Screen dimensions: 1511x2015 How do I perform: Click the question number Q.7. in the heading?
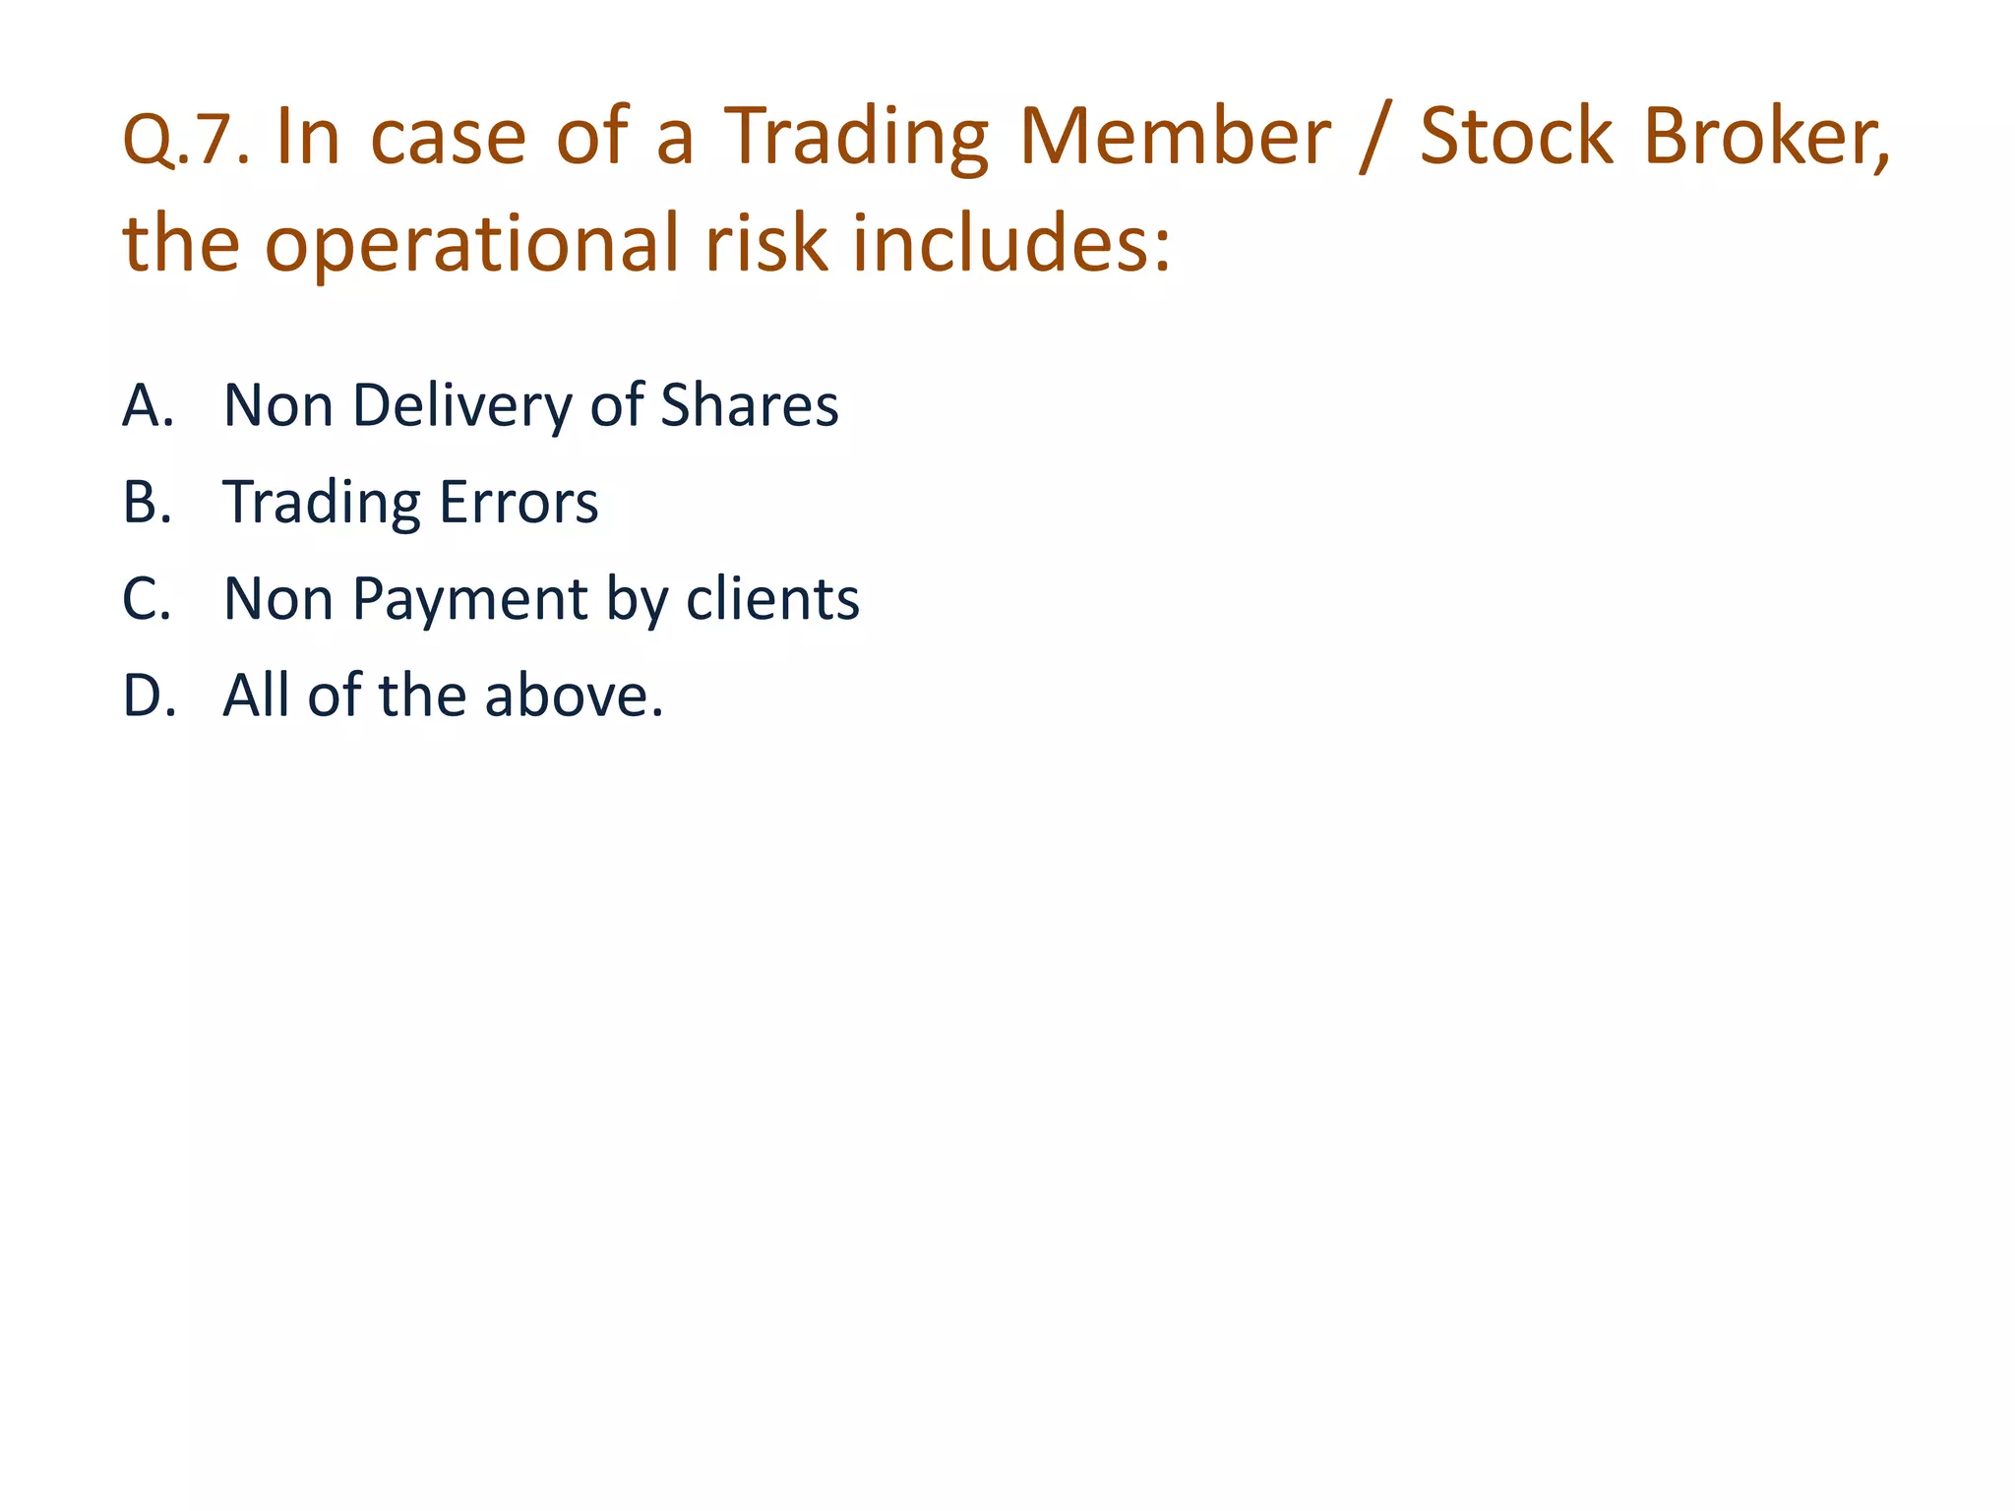(x=186, y=141)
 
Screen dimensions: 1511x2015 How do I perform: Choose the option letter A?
(x=148, y=405)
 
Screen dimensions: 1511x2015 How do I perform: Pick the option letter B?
(x=147, y=503)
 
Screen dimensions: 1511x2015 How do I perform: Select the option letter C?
(x=147, y=599)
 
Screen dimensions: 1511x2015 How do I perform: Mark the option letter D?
(x=149, y=695)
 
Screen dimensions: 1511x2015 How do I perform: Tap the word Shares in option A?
(x=749, y=405)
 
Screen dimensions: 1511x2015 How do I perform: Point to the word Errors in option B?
(x=518, y=503)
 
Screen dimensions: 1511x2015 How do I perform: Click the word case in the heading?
(x=449, y=138)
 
